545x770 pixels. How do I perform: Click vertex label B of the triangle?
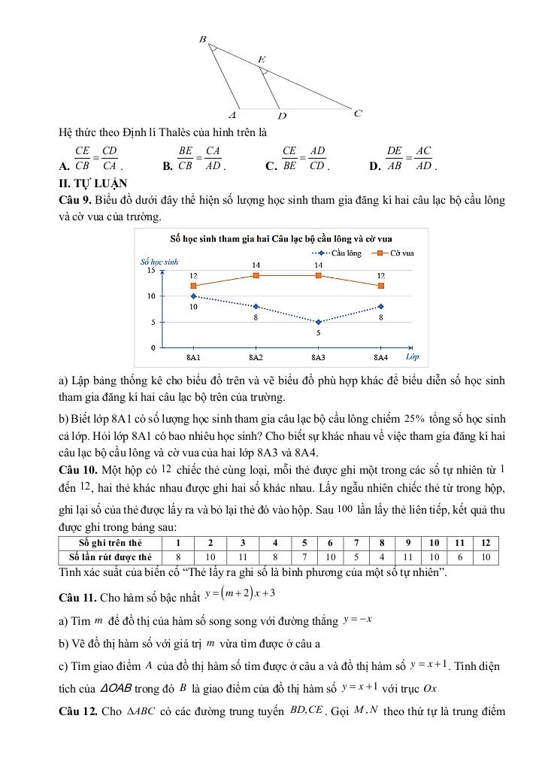(x=202, y=38)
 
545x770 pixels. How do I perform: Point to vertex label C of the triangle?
(x=358, y=114)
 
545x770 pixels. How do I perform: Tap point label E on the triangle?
(x=261, y=59)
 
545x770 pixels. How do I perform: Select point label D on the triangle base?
(x=281, y=116)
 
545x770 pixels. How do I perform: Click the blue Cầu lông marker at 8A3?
(x=319, y=322)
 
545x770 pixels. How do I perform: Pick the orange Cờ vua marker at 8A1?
(x=193, y=286)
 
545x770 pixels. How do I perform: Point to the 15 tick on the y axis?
(x=151, y=270)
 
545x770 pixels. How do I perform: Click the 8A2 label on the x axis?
(x=256, y=357)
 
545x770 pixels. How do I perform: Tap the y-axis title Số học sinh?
(x=159, y=262)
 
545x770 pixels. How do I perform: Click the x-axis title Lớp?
(x=412, y=356)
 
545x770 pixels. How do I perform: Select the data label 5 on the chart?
(x=319, y=332)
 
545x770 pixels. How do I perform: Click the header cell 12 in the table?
(x=486, y=543)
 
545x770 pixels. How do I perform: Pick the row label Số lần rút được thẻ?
(x=110, y=556)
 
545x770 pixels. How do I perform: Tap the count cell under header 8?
(x=382, y=556)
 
